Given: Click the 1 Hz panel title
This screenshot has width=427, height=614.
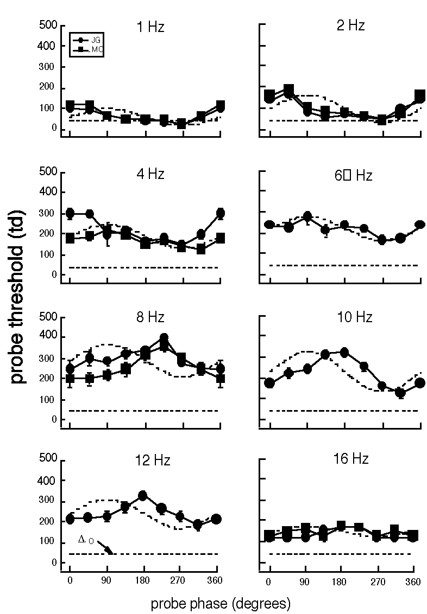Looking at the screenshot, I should pyautogui.click(x=149, y=27).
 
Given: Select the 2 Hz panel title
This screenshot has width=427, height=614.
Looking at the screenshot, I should pyautogui.click(x=350, y=25).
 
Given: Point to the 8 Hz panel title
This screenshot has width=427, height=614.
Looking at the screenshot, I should pyautogui.click(x=149, y=317).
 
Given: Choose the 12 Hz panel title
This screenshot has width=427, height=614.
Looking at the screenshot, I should pyautogui.click(x=152, y=461).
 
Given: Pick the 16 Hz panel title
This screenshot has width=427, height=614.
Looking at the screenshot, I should pyautogui.click(x=351, y=459).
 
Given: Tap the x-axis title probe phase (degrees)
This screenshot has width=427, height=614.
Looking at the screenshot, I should pyautogui.click(x=221, y=603).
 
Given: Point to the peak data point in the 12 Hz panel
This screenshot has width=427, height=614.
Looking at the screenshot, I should pyautogui.click(x=143, y=495).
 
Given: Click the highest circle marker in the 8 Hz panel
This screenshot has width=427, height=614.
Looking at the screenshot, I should pyautogui.click(x=164, y=338).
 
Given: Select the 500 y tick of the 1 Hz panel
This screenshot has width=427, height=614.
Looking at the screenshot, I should pyautogui.click(x=48, y=25).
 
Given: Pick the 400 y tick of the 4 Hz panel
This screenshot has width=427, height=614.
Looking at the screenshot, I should pyautogui.click(x=48, y=193).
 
